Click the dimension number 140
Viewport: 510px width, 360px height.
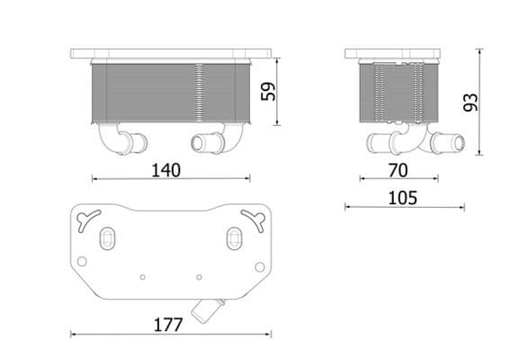[166, 169]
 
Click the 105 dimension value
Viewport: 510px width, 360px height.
[403, 197]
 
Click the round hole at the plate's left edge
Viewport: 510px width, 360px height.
[82, 262]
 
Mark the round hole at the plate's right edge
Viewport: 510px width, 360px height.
[260, 265]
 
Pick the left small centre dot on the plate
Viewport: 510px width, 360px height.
[143, 275]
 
